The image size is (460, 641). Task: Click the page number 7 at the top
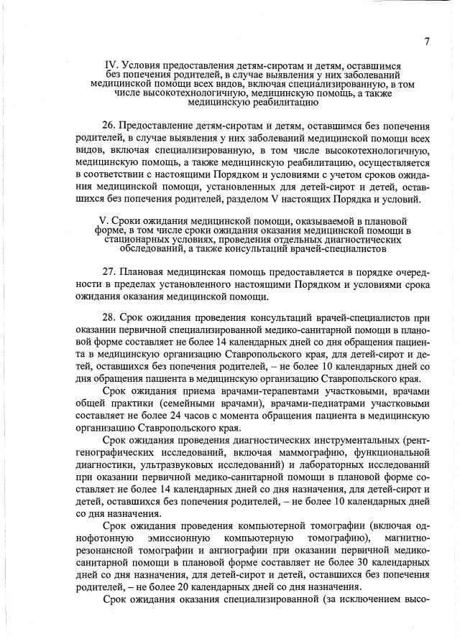point(427,41)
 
